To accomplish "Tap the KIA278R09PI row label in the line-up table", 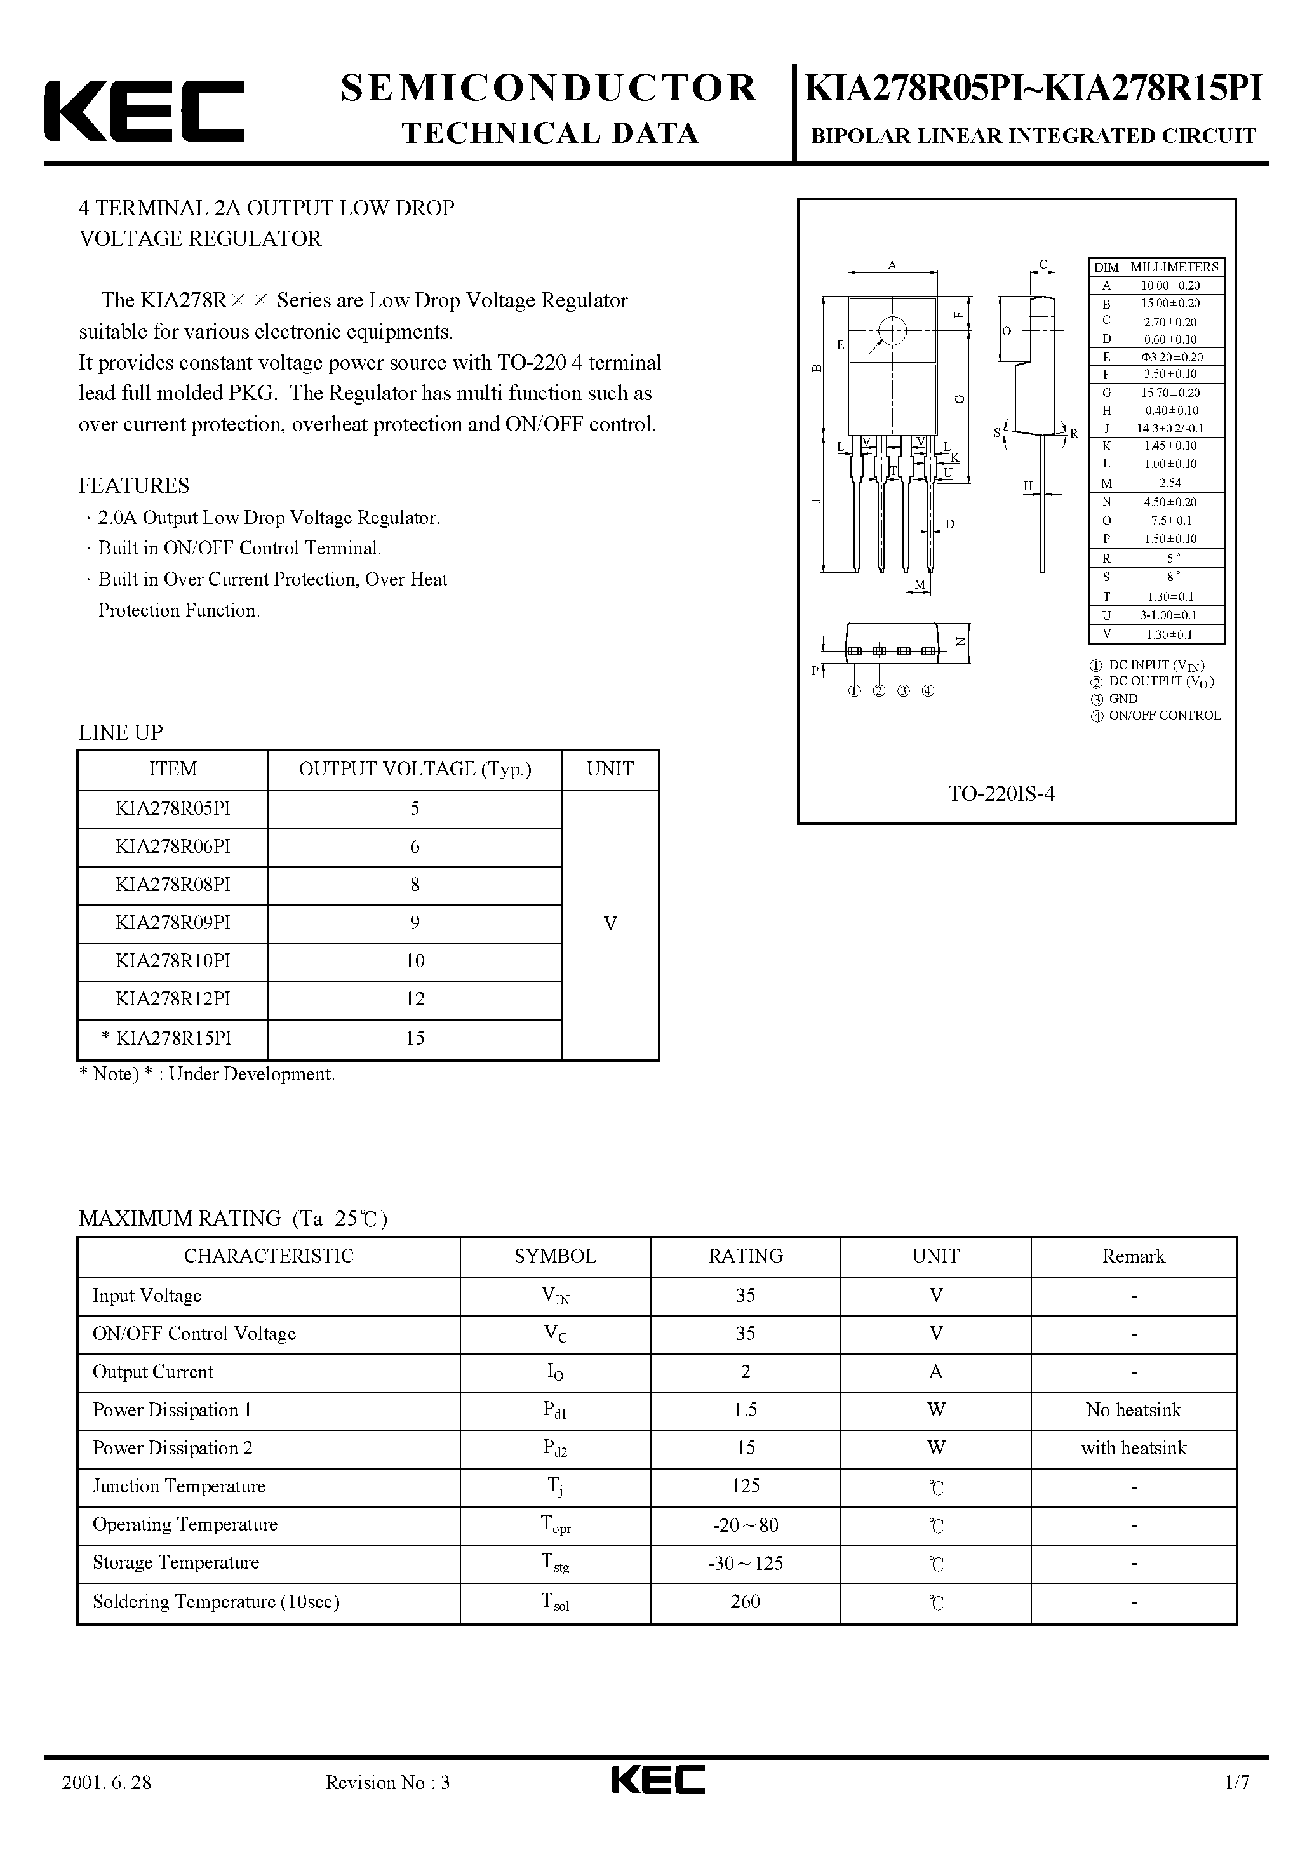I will [172, 923].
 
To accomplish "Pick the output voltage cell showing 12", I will [414, 999].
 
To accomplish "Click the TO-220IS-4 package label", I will [1001, 793].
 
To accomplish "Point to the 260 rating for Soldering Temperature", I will [744, 1602].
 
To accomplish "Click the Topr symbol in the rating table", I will [555, 1525].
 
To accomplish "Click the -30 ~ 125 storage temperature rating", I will [744, 1564].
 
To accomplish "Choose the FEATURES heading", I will [133, 485].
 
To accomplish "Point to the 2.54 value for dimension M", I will [1170, 483].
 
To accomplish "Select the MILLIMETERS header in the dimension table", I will [1174, 267].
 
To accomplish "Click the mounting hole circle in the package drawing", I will [892, 330].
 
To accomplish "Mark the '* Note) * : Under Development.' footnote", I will [206, 1074].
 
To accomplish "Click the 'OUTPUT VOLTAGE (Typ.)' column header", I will [414, 769].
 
